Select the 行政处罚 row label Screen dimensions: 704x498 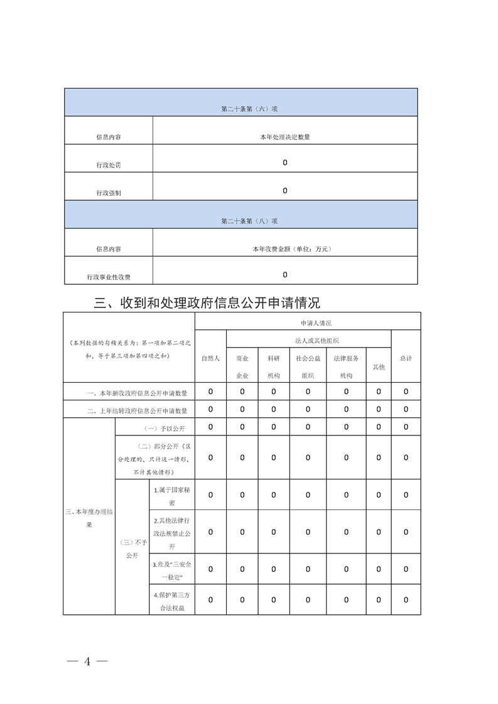pyautogui.click(x=109, y=165)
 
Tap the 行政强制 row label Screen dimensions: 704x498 pyautogui.click(x=109, y=193)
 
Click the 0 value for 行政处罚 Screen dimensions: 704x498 pyautogui.click(x=285, y=163)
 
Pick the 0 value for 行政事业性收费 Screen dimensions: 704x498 pyautogui.click(x=285, y=274)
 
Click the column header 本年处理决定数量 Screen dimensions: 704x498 pyautogui.click(x=285, y=137)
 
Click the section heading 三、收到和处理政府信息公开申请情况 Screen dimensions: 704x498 pyautogui.click(x=207, y=303)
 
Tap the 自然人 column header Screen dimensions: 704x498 pyautogui.click(x=210, y=358)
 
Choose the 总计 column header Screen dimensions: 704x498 pyautogui.click(x=406, y=358)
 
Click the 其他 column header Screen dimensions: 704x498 pyautogui.click(x=379, y=366)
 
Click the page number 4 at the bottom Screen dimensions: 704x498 pyautogui.click(x=88, y=661)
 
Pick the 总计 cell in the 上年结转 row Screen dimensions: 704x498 pyautogui.click(x=406, y=409)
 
